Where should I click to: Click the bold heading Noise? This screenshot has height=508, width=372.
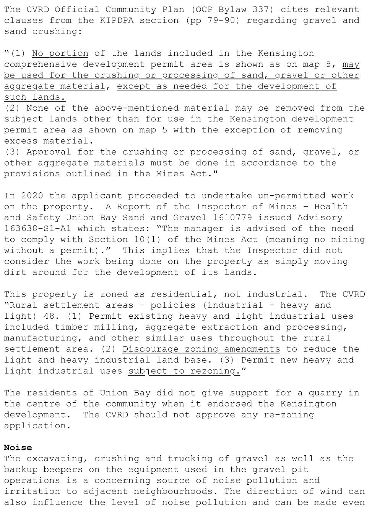tap(18, 447)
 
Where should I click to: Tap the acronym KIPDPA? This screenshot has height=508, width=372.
tap(117, 20)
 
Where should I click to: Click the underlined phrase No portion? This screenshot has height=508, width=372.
tap(60, 53)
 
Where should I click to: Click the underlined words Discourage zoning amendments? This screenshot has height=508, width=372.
tap(201, 349)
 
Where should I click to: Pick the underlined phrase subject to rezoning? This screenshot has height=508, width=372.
tap(184, 371)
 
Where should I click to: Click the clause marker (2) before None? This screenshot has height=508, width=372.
tap(13, 108)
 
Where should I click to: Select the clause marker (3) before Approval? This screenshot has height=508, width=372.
tap(13, 152)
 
